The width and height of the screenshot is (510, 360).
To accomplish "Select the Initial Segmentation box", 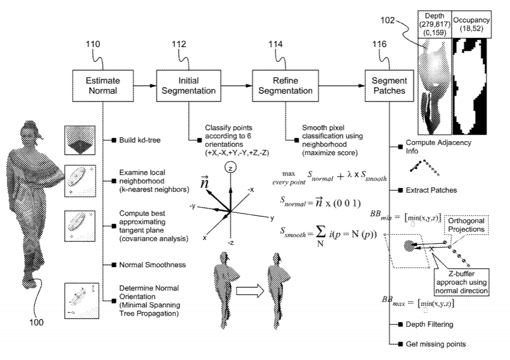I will point(186,85).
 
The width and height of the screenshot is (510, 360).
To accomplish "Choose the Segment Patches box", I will point(388,85).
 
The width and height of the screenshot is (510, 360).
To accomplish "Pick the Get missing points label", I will point(436,344).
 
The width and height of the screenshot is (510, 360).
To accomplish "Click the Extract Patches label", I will point(431,191).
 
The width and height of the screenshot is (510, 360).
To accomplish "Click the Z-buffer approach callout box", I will point(459,281).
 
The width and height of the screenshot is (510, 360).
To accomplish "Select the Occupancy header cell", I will point(472,24).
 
